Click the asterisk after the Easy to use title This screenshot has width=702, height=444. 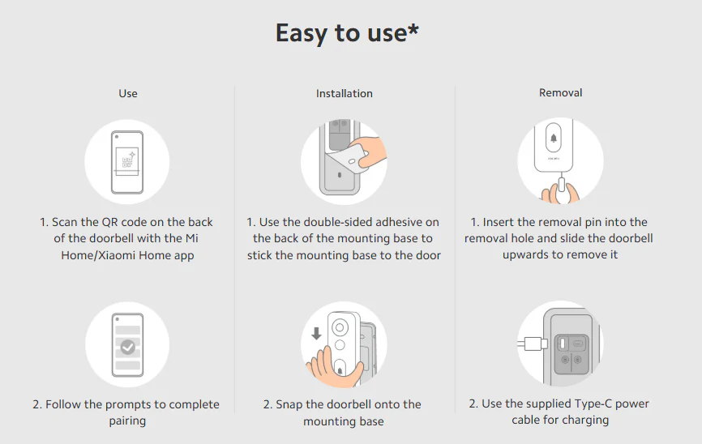pos(413,29)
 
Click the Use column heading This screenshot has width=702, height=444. pos(128,93)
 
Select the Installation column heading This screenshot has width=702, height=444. pos(345,93)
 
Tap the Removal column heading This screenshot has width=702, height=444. pos(560,92)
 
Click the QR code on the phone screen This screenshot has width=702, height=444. pos(127,162)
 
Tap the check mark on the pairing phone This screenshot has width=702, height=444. pos(128,347)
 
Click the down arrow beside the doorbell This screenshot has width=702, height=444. pos(316,334)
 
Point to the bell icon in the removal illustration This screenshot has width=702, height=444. pos(554,138)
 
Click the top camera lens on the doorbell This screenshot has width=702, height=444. pos(340,327)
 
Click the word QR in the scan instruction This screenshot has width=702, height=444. pos(109,223)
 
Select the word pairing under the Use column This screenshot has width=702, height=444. pos(127,421)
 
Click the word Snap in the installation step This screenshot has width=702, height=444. pos(289,404)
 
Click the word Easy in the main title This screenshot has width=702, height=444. pos(302,33)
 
